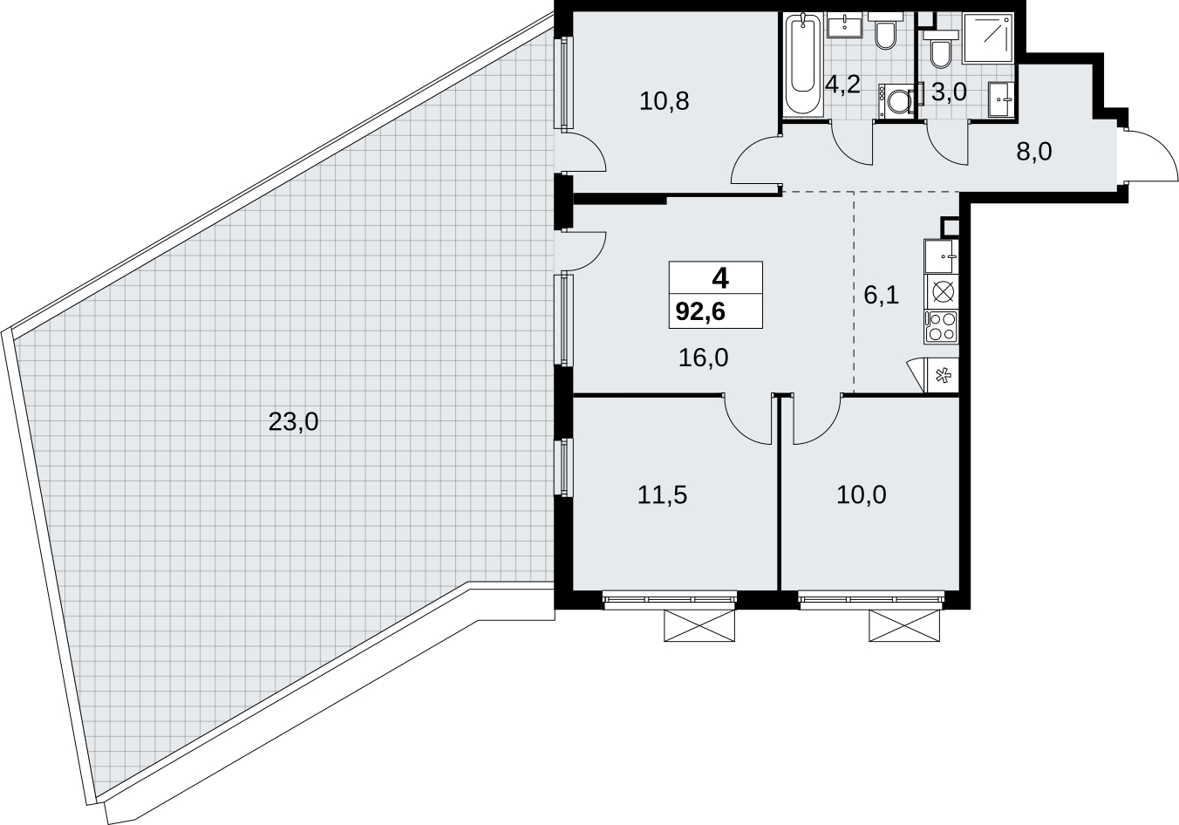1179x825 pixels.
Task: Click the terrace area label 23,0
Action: pyautogui.click(x=293, y=422)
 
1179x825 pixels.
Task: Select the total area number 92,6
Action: pyautogui.click(x=700, y=312)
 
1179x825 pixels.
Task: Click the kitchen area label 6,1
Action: pyautogui.click(x=881, y=296)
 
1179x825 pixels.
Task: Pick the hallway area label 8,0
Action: pyautogui.click(x=1033, y=152)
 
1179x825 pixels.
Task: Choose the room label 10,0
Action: pyautogui.click(x=862, y=495)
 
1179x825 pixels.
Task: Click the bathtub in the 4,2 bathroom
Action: pyautogui.click(x=802, y=65)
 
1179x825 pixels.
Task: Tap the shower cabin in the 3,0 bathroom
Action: pyautogui.click(x=987, y=39)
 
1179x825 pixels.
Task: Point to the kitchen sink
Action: pyautogui.click(x=941, y=256)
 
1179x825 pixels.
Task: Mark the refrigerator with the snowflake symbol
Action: pyautogui.click(x=942, y=376)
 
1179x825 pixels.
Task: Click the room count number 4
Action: pyautogui.click(x=720, y=278)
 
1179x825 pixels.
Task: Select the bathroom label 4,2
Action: pyautogui.click(x=842, y=85)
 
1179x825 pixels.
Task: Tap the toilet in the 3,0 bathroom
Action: pyautogui.click(x=941, y=49)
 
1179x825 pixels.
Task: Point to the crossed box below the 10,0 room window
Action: pyautogui.click(x=903, y=625)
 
